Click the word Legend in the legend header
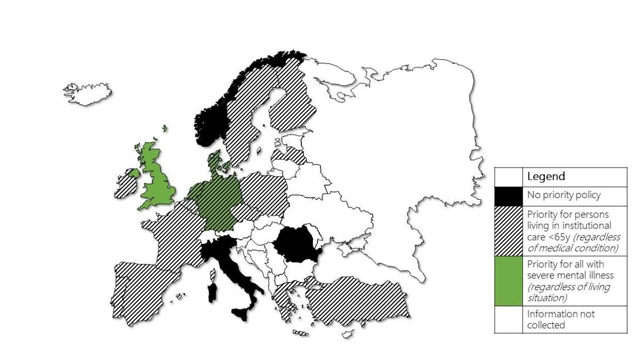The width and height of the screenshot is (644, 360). pyautogui.click(x=546, y=176)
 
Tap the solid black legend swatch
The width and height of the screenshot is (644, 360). pyautogui.click(x=508, y=196)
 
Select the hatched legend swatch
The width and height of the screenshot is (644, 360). pyautogui.click(x=508, y=231)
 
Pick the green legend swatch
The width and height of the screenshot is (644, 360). pyautogui.click(x=508, y=281)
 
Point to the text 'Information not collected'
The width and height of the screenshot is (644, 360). pyautogui.click(x=560, y=319)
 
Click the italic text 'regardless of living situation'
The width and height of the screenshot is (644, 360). pyautogui.click(x=568, y=292)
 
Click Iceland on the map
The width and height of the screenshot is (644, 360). pyautogui.click(x=87, y=94)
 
